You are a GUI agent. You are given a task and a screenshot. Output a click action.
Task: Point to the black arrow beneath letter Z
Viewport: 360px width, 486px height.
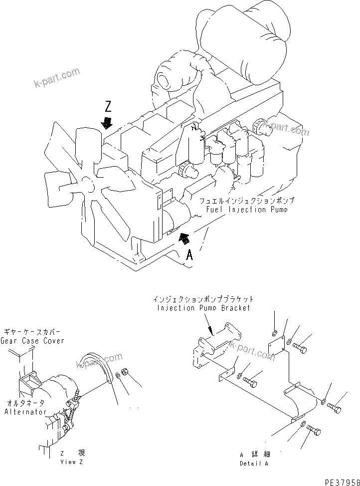pyautogui.click(x=106, y=123)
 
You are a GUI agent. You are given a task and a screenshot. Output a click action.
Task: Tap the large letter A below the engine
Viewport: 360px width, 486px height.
pyautogui.click(x=189, y=255)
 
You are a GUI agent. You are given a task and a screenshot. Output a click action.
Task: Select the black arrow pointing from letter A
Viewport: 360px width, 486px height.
pyautogui.click(x=184, y=239)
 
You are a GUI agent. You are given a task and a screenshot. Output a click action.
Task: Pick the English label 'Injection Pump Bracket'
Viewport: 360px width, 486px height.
pyautogui.click(x=203, y=308)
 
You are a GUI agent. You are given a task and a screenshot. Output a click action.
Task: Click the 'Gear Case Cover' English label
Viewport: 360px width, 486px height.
pyautogui.click(x=34, y=341)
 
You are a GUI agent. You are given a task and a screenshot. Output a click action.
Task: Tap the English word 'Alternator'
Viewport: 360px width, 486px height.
pyautogui.click(x=25, y=412)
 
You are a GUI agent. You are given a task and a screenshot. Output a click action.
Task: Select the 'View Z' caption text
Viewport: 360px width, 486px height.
pyautogui.click(x=72, y=462)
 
